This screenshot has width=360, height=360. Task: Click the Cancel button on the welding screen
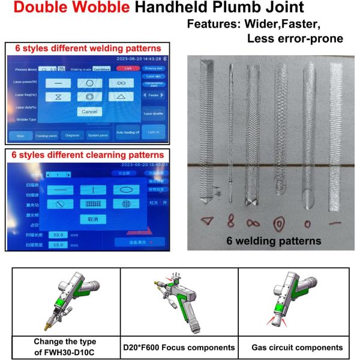[x=90, y=112]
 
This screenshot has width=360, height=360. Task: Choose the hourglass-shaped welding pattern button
[x=58, y=96]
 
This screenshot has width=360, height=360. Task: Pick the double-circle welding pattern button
[x=90, y=96]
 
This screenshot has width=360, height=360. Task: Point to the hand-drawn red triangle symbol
[x=207, y=221]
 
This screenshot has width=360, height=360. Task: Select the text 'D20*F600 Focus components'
[x=179, y=347]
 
